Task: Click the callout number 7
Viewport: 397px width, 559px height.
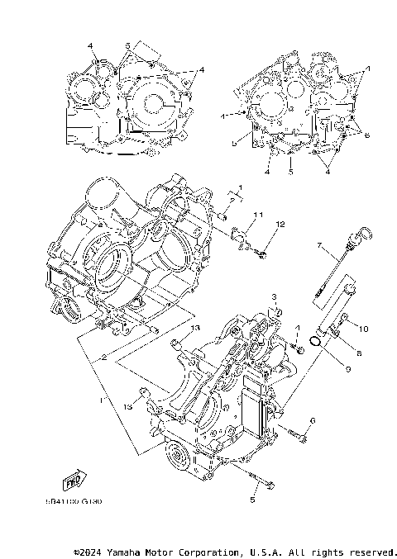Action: click(x=318, y=245)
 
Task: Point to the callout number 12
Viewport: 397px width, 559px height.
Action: click(x=280, y=225)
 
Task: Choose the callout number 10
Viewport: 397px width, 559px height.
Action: click(x=363, y=328)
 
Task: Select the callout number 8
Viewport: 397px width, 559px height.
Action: click(x=358, y=352)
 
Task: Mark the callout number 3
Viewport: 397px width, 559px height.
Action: click(x=272, y=296)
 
